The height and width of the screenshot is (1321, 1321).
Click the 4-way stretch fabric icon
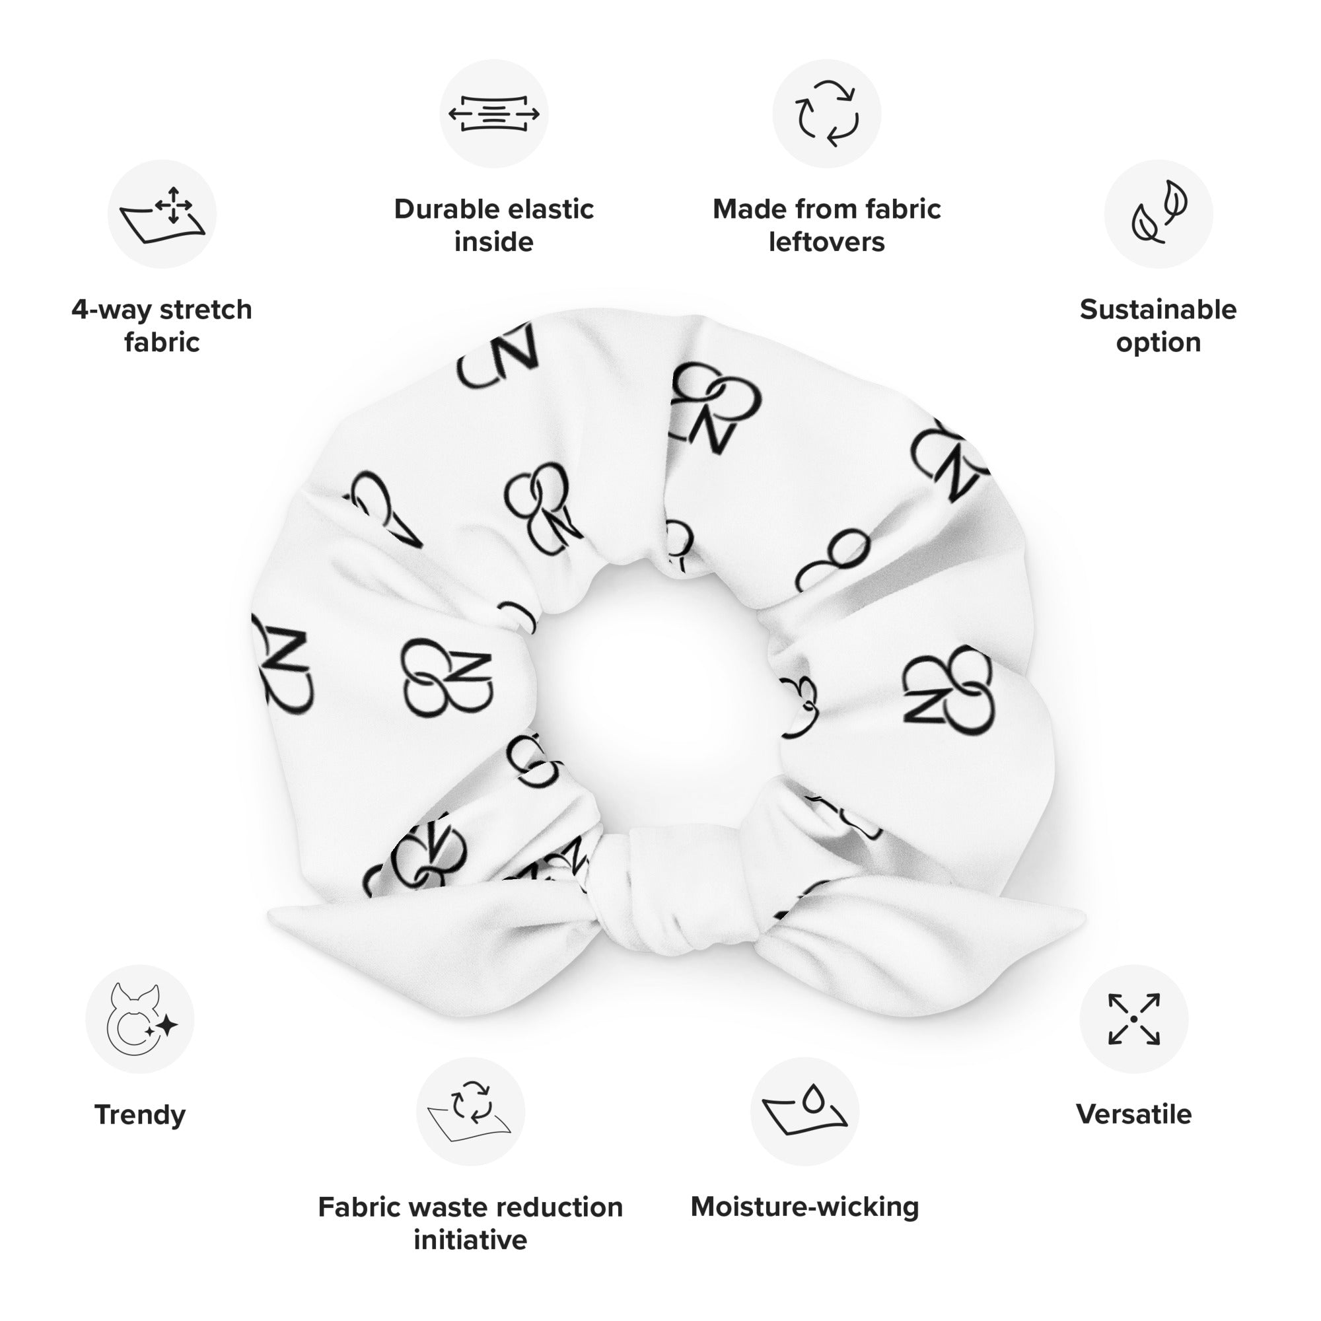(162, 215)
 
